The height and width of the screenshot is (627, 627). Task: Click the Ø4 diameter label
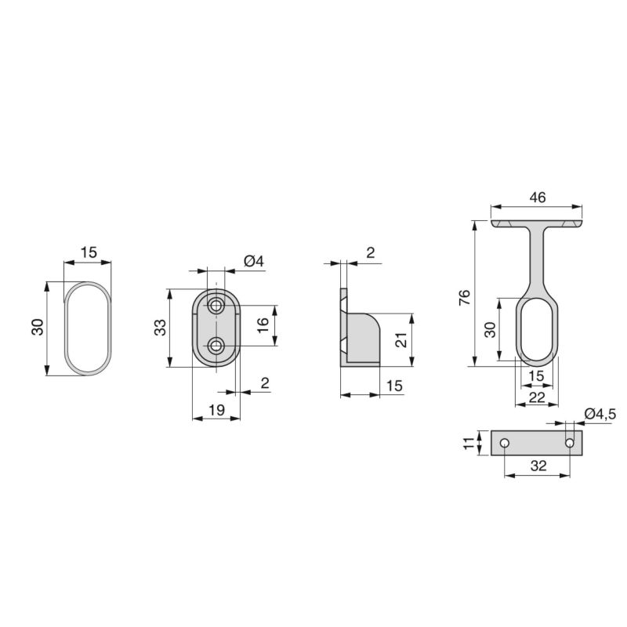(x=253, y=261)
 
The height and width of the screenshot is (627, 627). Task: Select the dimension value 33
(x=160, y=328)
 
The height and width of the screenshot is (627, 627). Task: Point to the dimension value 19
(x=217, y=408)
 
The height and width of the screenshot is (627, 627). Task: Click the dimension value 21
(x=399, y=340)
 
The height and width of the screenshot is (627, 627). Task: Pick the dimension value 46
(x=538, y=198)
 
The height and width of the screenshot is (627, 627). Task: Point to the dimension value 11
(x=469, y=443)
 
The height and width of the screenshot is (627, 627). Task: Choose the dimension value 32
(x=538, y=465)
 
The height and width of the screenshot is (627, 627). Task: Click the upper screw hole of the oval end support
(x=216, y=305)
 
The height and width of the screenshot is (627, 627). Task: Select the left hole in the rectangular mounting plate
(x=505, y=444)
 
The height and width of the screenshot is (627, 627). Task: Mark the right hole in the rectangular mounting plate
(x=570, y=444)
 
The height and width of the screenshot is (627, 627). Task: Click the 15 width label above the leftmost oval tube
(x=89, y=252)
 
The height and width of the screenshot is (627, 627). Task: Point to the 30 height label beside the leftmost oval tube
(x=37, y=328)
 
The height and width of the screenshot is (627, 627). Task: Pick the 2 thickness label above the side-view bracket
(x=369, y=252)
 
